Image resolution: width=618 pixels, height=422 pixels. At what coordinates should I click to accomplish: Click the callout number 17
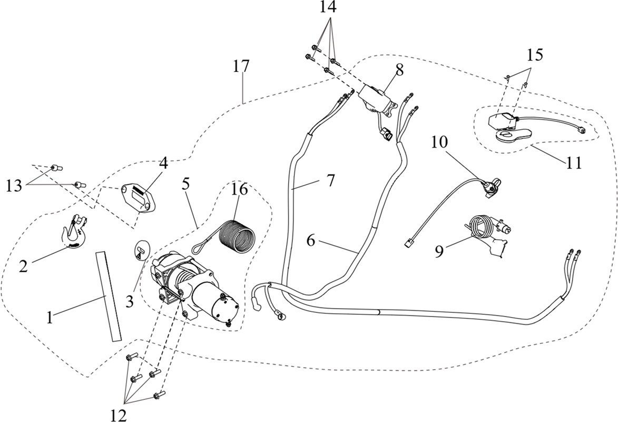[241, 66]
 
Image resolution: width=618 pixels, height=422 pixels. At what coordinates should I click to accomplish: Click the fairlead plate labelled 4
[138, 198]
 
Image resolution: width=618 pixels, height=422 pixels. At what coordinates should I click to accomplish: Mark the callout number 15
[534, 55]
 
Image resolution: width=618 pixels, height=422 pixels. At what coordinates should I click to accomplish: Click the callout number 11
[573, 162]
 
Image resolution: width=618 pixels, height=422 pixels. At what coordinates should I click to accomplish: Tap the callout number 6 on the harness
[311, 241]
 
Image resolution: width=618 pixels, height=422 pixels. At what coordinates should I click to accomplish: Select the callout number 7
[330, 181]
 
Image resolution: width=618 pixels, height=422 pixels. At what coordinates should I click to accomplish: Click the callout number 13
[14, 185]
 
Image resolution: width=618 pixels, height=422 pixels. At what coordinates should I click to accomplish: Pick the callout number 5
[186, 183]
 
